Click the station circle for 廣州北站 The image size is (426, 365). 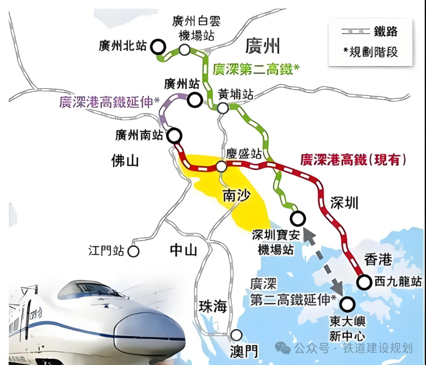158,46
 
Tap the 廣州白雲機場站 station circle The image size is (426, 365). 185,49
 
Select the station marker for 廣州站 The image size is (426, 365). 194,100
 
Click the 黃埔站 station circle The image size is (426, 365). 223,107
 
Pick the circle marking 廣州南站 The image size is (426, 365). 175,135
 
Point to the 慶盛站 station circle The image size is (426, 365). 221,167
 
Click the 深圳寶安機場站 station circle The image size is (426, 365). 298,218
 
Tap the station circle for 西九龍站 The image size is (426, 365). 364,281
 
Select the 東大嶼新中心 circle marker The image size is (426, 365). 348,304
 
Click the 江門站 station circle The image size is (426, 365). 133,251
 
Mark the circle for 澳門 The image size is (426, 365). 237,335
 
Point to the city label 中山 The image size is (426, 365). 183,250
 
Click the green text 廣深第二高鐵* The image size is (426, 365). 256,69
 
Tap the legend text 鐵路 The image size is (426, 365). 385,31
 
